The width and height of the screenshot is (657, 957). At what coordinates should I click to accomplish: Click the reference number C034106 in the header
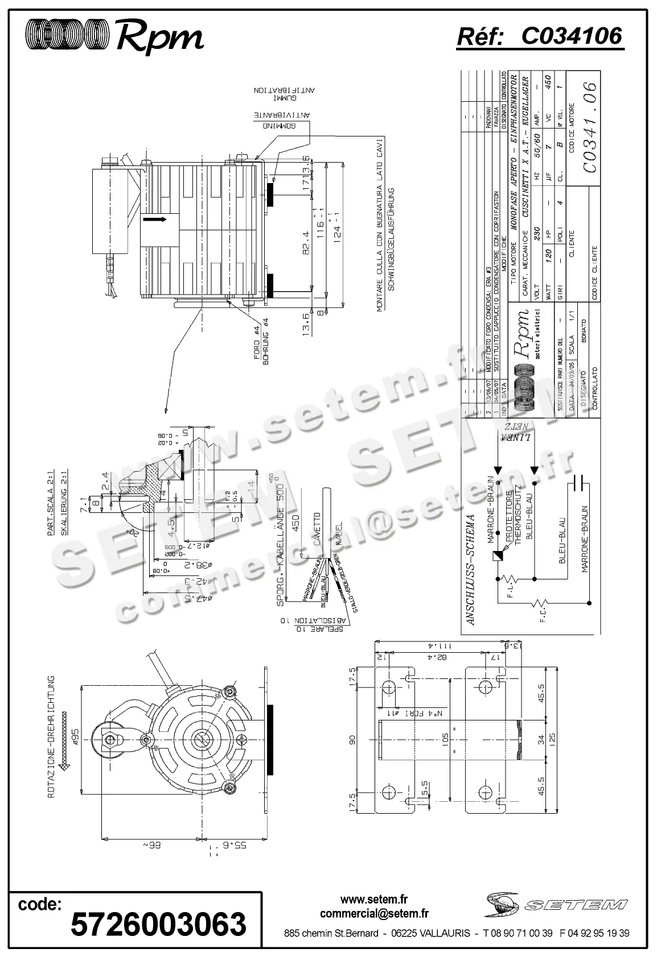[x=571, y=36]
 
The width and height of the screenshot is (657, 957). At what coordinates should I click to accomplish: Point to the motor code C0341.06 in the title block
[x=590, y=127]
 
